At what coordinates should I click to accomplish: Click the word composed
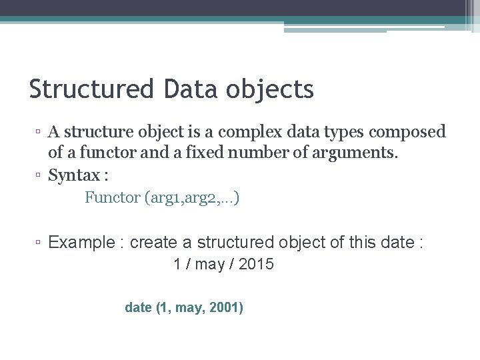click(409, 132)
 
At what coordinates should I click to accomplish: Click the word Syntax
click(75, 176)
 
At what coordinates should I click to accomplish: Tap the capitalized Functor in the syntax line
click(111, 198)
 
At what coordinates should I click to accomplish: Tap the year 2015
click(255, 265)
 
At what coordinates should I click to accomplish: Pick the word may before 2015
click(211, 265)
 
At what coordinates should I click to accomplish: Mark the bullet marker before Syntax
click(40, 177)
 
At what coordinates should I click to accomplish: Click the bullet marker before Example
click(40, 243)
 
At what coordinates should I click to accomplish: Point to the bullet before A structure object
click(40, 133)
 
